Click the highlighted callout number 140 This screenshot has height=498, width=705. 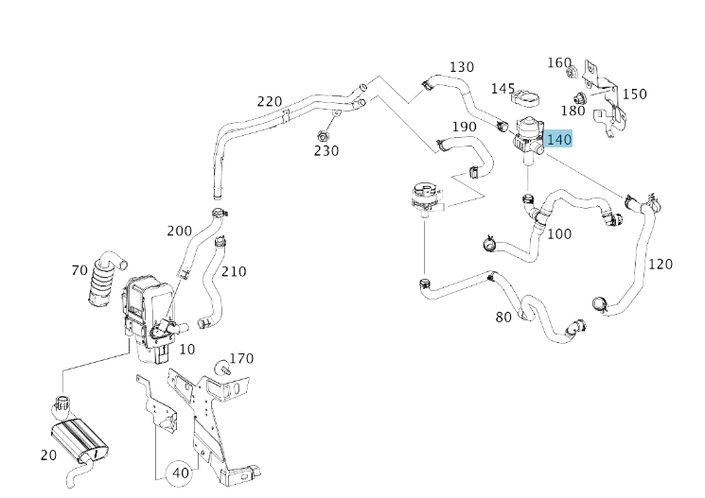coord(559,140)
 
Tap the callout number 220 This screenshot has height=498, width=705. coord(270,102)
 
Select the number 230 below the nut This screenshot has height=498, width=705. coord(326,150)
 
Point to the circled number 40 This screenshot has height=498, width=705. coord(179,472)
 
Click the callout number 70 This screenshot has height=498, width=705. coord(79,271)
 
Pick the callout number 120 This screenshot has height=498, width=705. coord(661,264)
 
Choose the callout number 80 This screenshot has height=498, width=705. coord(503,317)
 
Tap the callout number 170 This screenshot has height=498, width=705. coord(242,358)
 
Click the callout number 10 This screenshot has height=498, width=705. coord(187,350)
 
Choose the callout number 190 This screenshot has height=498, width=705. coord(464,127)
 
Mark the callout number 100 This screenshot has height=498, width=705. coord(559,233)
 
